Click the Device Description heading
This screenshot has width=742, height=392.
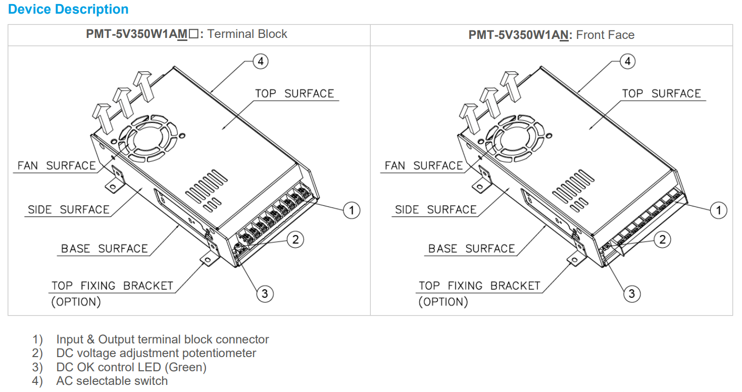tap(69, 10)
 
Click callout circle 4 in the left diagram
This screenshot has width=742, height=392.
tap(260, 62)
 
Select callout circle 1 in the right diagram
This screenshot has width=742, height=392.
tap(718, 209)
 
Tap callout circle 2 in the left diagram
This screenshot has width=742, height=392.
tap(295, 240)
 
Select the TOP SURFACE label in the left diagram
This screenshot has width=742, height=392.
tap(294, 94)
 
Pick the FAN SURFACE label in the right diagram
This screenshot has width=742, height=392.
tap(423, 166)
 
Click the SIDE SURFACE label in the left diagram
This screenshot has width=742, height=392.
tap(69, 210)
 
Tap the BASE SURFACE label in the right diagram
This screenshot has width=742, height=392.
tap(471, 249)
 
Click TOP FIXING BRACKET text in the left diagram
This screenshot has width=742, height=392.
tap(112, 286)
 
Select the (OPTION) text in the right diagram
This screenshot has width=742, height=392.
tap(443, 302)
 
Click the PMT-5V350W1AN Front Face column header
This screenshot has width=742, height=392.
tap(551, 34)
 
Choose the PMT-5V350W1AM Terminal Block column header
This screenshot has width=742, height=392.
tap(186, 34)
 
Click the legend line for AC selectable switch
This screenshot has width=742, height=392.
tap(112, 381)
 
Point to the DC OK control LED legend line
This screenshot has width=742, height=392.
tap(131, 367)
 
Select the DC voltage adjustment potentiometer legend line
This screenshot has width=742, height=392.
tap(156, 353)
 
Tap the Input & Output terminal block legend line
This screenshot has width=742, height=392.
tap(162, 339)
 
